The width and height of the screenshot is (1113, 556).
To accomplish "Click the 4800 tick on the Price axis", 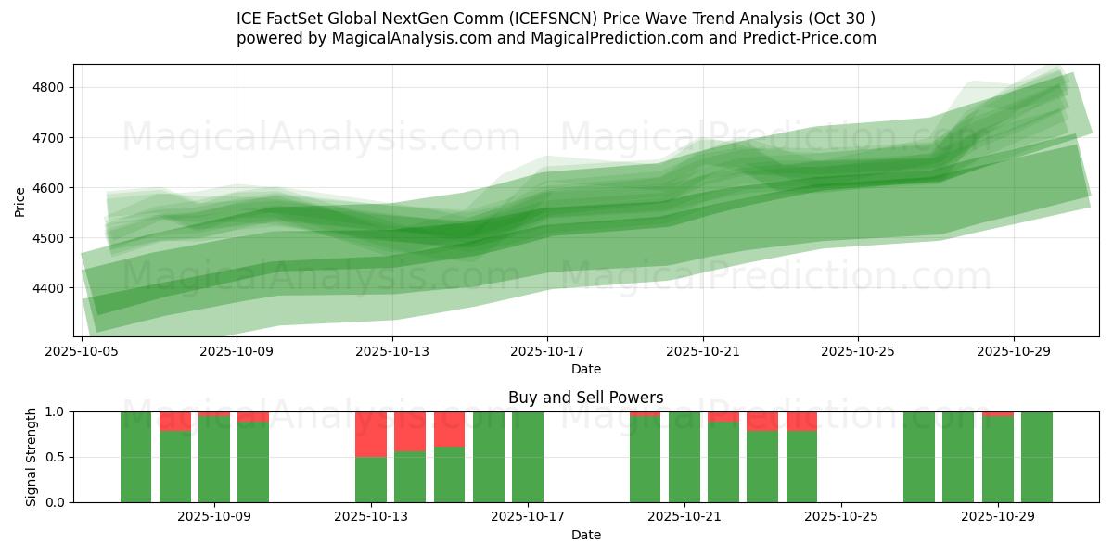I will click(x=50, y=88).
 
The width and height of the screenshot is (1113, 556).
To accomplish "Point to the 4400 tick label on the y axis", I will click(x=50, y=288).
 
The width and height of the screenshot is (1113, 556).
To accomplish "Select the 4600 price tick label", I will click(x=50, y=188).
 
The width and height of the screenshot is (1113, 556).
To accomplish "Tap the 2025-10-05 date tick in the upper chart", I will click(x=83, y=351).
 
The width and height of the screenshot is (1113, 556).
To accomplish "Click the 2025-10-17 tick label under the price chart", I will click(x=547, y=351).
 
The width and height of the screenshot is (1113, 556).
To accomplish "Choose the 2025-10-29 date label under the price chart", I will click(x=1013, y=351).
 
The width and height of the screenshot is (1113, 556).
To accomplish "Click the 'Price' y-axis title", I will click(x=20, y=200).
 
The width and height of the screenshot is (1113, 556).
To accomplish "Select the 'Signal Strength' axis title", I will click(x=32, y=457).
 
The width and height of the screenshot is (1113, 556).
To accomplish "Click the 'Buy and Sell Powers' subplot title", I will click(x=585, y=398).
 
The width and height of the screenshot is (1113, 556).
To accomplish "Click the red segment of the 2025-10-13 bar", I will click(x=371, y=434).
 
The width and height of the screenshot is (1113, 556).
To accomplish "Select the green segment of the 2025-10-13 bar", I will click(x=371, y=480).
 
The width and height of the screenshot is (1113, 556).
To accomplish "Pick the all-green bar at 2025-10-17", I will click(x=528, y=457).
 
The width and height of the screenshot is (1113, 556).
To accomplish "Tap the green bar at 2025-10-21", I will click(x=684, y=457).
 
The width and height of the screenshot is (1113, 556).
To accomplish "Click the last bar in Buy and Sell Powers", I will click(x=1036, y=457).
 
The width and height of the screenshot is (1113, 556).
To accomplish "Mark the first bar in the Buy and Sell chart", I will click(x=135, y=457).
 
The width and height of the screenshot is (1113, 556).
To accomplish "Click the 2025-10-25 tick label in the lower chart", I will click(x=840, y=517).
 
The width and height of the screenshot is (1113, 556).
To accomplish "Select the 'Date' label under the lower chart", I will click(x=585, y=535).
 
